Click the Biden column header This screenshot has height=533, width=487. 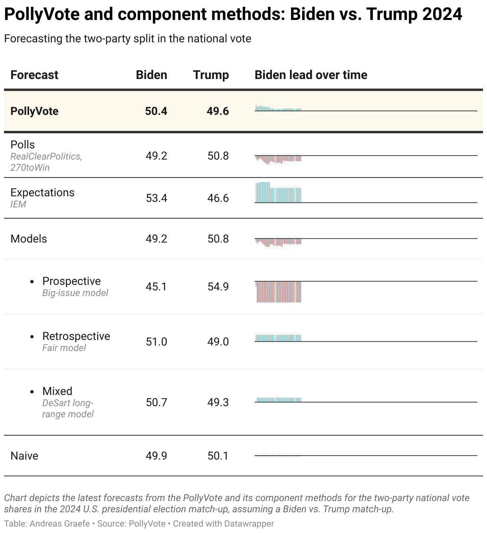pos(151,75)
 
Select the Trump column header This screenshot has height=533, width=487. pos(211,75)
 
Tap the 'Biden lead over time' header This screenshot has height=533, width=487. pos(311,75)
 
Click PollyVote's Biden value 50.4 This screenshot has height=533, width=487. pos(156,111)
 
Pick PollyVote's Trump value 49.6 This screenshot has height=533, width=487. pos(218,111)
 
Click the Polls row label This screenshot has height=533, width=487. pos(23,145)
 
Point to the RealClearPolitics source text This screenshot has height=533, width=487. pos(46,156)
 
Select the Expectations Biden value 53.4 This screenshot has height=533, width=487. pos(156,198)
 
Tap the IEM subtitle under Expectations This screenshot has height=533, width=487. pos(18,204)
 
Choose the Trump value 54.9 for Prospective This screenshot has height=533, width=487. pos(218,287)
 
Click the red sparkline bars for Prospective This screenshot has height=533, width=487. pos(278,292)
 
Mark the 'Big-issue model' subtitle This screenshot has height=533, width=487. pos(75,293)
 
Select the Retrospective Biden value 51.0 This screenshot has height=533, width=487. pos(156,342)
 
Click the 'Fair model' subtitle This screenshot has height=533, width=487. pos(64,348)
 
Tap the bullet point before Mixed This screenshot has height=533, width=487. pos(32,392)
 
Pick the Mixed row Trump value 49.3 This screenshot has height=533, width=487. pos(218,403)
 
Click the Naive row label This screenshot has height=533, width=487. pos(24,456)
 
